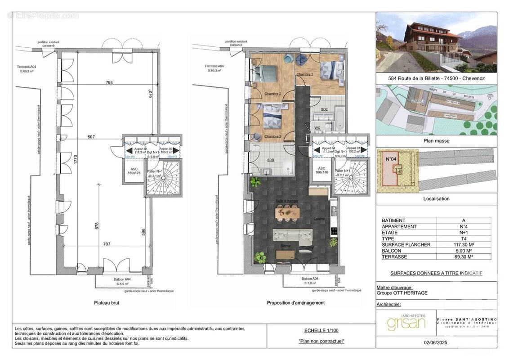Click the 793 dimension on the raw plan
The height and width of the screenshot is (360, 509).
click(x=109, y=82)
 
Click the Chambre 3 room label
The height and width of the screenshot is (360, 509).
click(x=272, y=136)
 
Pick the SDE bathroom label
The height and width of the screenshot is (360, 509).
click(x=324, y=109)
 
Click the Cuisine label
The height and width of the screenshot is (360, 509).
click(x=319, y=219)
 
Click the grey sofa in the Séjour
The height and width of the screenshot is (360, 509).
click(x=293, y=235)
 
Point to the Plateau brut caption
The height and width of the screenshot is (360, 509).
click(x=107, y=303)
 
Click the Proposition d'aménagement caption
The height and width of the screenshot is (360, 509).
click(x=295, y=303)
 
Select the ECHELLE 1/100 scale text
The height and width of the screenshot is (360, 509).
click(x=321, y=330)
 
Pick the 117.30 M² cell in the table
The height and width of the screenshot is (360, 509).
click(x=463, y=244)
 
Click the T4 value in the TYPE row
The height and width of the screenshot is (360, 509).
click(x=463, y=238)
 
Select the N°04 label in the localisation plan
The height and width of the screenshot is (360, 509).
click(x=390, y=159)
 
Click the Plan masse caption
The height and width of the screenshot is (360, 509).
click(x=436, y=141)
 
